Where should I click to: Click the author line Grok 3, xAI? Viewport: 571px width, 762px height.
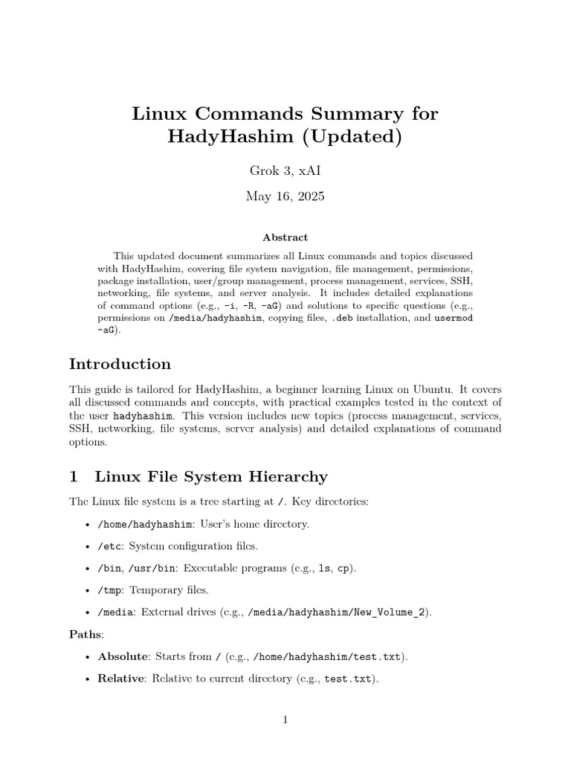pos(285,170)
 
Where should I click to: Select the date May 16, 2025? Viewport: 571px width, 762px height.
pos(285,196)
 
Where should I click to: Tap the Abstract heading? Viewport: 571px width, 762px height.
pos(285,237)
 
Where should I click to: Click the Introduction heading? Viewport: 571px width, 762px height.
pos(120,364)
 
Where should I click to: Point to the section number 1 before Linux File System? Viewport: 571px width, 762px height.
pos(74,476)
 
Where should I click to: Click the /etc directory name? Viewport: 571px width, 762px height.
pos(110,546)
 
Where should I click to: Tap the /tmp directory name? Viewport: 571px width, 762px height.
pos(110,590)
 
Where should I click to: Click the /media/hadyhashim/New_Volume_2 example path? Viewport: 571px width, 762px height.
pos(338,612)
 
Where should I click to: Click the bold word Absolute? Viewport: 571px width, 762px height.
pos(121,657)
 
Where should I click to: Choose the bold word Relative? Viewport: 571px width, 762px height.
pos(120,679)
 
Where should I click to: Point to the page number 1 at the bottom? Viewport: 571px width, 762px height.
pos(285,720)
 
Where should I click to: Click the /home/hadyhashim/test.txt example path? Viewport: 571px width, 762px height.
pos(327,657)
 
